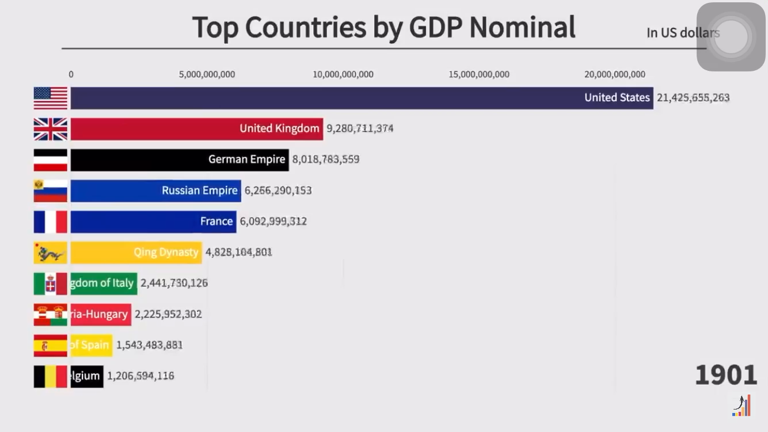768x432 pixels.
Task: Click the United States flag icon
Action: click(51, 98)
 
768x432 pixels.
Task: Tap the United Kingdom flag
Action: click(51, 129)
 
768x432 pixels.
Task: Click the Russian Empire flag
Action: click(51, 191)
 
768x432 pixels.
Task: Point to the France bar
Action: click(153, 222)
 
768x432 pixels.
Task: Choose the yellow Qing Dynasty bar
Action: click(136, 252)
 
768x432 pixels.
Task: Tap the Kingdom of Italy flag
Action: click(51, 283)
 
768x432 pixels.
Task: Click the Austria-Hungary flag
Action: click(51, 314)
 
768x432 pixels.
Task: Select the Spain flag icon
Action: click(51, 346)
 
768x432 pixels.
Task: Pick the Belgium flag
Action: click(51, 376)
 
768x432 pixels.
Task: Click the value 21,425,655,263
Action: click(693, 98)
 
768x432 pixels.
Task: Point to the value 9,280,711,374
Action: click(360, 128)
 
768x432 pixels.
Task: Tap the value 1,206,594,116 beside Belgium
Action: click(140, 376)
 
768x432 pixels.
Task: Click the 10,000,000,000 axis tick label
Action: click(343, 74)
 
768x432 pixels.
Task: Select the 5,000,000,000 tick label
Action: click(207, 74)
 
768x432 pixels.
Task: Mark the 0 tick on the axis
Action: click(71, 74)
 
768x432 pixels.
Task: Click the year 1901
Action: click(725, 375)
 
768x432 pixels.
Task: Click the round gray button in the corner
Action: click(731, 37)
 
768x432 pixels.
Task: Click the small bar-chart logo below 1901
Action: click(742, 405)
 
